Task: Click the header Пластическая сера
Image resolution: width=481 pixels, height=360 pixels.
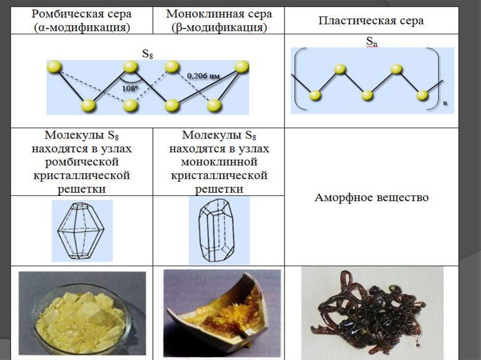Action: (371, 21)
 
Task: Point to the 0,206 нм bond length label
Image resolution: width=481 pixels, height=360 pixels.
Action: (203, 75)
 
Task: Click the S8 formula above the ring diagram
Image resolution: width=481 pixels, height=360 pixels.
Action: (147, 54)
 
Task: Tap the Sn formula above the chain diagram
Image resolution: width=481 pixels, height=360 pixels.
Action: (372, 42)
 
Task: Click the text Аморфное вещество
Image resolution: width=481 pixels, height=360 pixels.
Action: (371, 197)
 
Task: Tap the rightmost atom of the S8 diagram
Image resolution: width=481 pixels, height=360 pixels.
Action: (241, 67)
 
